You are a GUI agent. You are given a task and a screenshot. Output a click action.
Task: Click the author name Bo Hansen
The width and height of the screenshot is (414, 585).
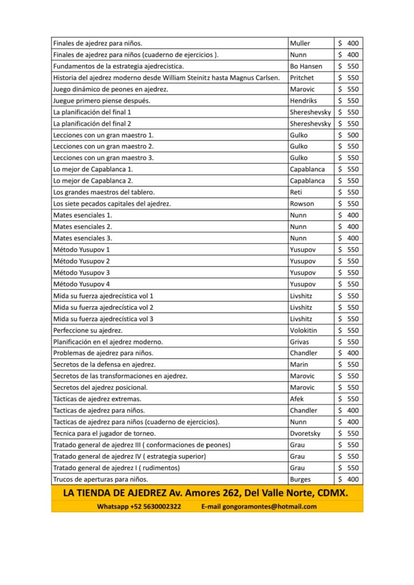coord(306,66)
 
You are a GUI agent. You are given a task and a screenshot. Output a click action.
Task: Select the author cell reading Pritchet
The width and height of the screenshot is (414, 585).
coord(302,78)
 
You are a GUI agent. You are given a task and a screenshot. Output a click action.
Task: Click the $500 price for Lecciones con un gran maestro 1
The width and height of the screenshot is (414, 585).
coord(348,135)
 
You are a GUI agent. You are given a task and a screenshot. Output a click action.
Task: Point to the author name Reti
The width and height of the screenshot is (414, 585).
coord(296,192)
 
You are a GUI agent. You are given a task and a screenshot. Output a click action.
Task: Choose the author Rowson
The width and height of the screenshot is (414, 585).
coord(302,204)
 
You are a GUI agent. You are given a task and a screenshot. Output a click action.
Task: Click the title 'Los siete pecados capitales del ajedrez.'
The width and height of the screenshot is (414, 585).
coord(112,204)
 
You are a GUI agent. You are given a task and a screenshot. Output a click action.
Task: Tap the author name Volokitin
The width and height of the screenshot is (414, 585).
coord(304,330)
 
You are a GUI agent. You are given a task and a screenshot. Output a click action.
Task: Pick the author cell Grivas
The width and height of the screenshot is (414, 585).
coord(300,342)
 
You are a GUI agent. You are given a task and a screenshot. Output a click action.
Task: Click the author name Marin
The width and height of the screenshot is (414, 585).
coord(299,364)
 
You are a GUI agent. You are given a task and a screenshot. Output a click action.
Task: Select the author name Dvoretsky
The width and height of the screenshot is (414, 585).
coord(305,434)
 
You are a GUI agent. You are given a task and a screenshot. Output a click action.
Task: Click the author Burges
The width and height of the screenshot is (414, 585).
coord(301,479)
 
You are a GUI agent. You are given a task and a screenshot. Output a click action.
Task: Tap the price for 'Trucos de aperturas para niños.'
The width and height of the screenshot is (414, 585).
coord(348,479)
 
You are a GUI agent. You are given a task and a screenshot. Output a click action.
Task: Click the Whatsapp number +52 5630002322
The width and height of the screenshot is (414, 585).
coord(157,506)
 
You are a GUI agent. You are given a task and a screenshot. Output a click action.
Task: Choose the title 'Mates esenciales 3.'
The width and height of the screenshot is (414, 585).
coord(82,238)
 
